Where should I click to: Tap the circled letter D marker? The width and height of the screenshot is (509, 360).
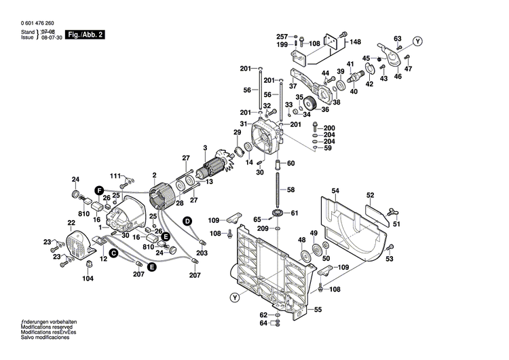187,221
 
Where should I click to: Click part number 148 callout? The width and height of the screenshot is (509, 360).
355,42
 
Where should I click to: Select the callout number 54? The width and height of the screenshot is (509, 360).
335,191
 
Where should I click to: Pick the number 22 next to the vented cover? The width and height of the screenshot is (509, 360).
71,223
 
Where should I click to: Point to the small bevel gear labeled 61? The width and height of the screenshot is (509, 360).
277,216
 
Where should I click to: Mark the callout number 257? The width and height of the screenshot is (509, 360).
282,36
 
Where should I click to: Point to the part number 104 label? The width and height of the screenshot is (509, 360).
88,278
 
